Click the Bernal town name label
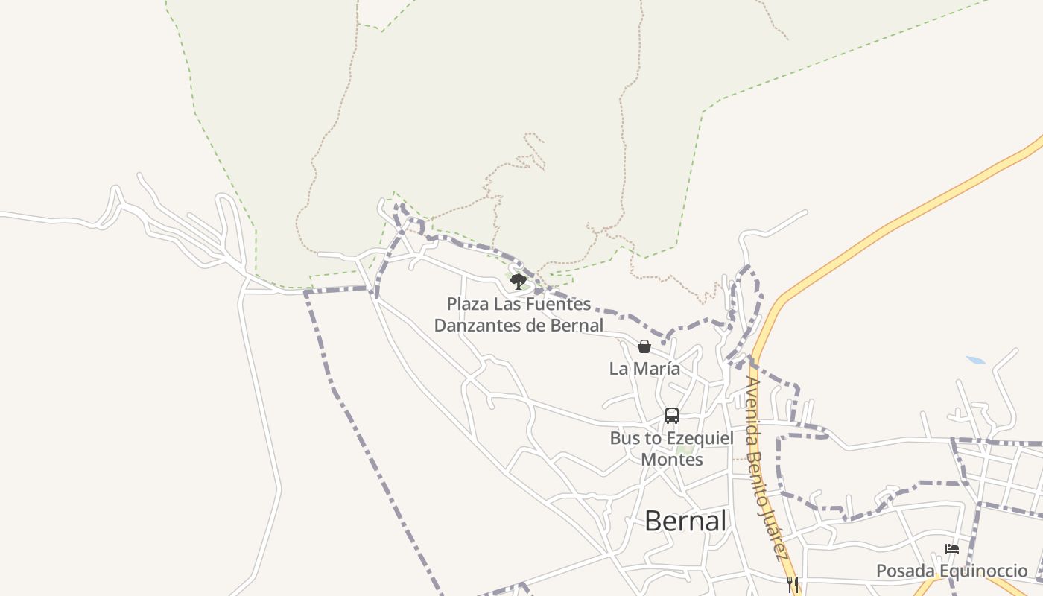click(685, 521)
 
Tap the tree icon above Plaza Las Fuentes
click(519, 281)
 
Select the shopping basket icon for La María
click(644, 346)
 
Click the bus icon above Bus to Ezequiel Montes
click(672, 416)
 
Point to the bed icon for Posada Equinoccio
click(952, 549)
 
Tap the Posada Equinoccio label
click(951, 571)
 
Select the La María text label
click(644, 368)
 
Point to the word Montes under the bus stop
click(672, 460)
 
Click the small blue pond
click(975, 361)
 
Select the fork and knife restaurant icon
click(793, 584)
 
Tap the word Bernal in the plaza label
click(577, 326)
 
